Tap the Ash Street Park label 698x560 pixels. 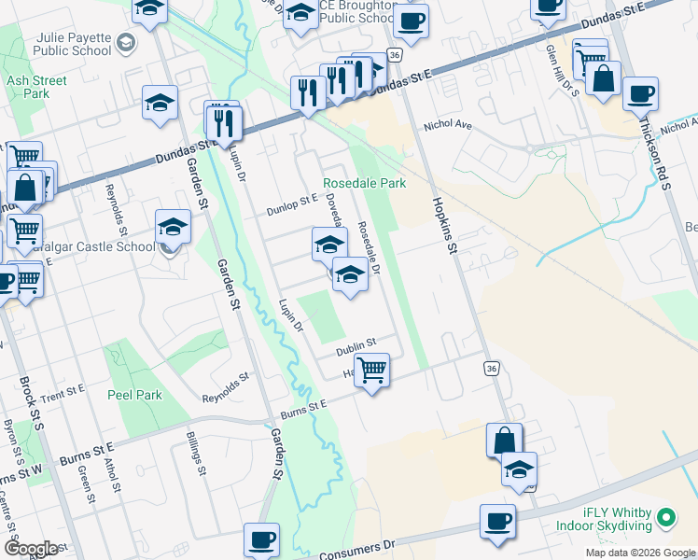coord(36,87)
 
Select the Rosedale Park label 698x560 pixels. coord(364,184)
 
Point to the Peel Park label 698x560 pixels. coord(134,395)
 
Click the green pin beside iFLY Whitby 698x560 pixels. coord(665,516)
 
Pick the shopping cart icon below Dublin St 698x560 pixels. coord(372,371)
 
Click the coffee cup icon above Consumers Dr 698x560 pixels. coord(497,520)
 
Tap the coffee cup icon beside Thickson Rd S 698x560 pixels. coord(641,93)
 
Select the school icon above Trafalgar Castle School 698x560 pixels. coord(173,226)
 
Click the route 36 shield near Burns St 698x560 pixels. coord(491,370)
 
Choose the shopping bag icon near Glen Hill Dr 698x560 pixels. coord(604,79)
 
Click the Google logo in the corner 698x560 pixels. coord(32,549)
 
